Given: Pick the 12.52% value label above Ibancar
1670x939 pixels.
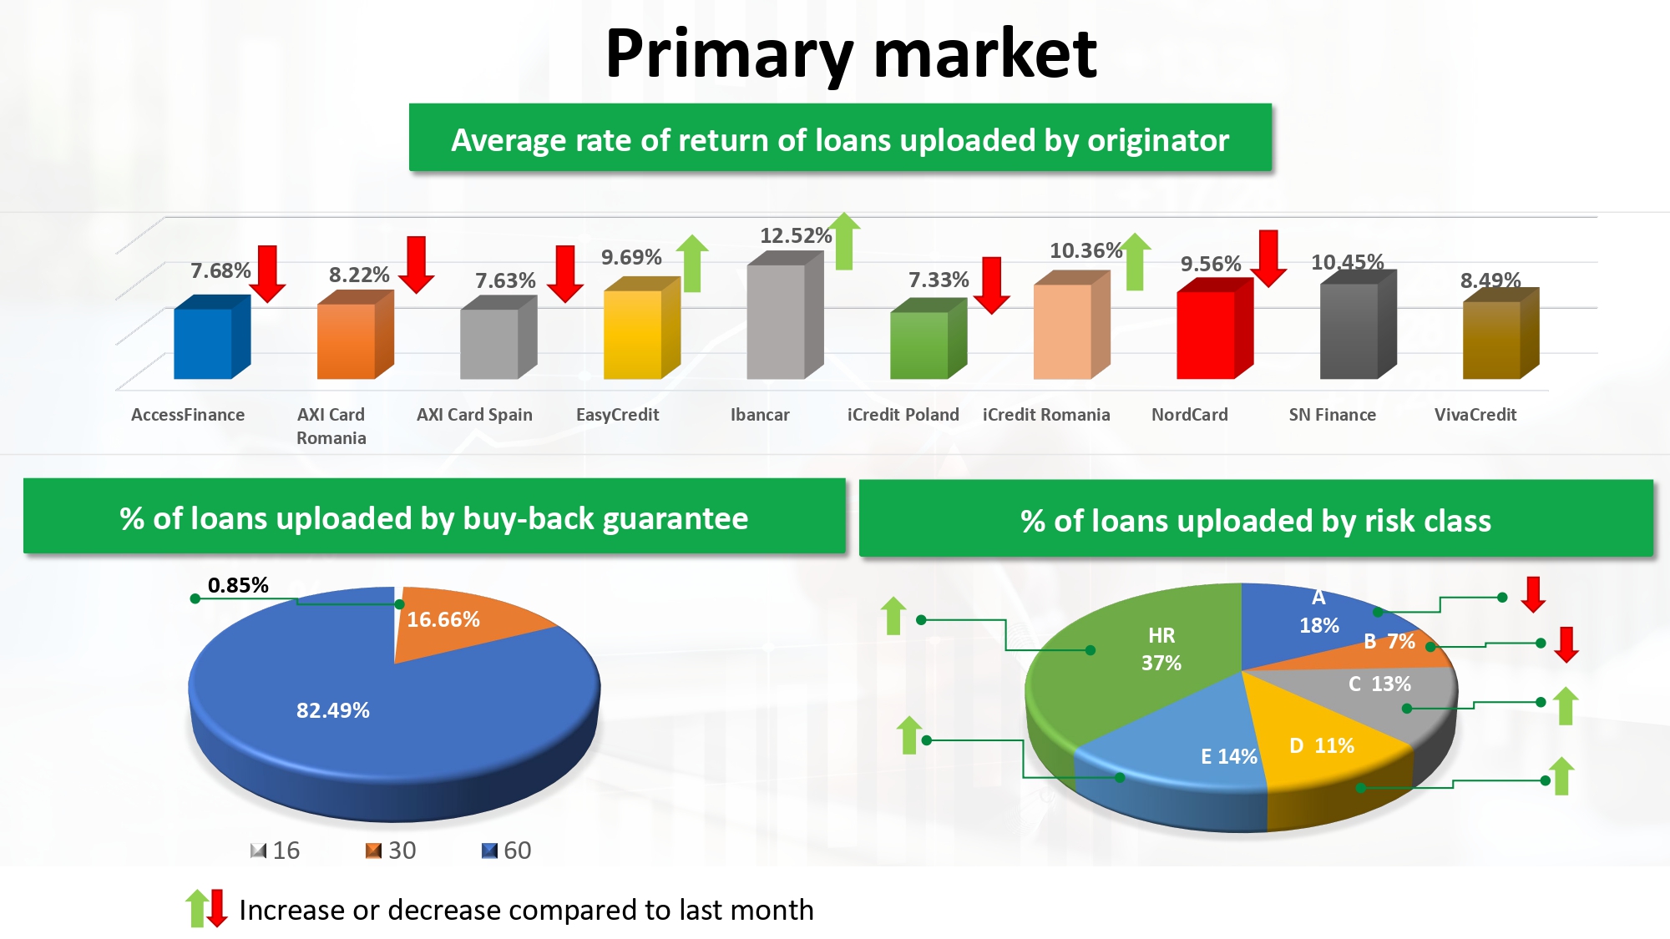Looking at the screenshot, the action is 796,235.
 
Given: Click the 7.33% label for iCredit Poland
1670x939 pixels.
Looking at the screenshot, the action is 939,280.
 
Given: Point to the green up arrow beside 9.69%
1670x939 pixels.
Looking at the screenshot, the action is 692,263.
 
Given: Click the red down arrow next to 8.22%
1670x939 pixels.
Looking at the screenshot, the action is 416,265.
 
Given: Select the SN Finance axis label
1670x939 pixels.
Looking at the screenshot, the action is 1332,415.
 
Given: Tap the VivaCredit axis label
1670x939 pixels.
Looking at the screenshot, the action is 1475,415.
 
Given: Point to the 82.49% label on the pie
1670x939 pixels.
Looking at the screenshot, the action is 332,710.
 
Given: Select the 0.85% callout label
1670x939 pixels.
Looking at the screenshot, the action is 238,585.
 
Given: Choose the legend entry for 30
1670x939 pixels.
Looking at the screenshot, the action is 391,851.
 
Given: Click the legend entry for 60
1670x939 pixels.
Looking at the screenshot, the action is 507,851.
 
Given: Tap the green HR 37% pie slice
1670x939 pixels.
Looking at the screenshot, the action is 1144,659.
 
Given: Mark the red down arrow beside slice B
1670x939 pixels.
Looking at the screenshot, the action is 1566,644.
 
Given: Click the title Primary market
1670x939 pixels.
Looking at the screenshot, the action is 851,54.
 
